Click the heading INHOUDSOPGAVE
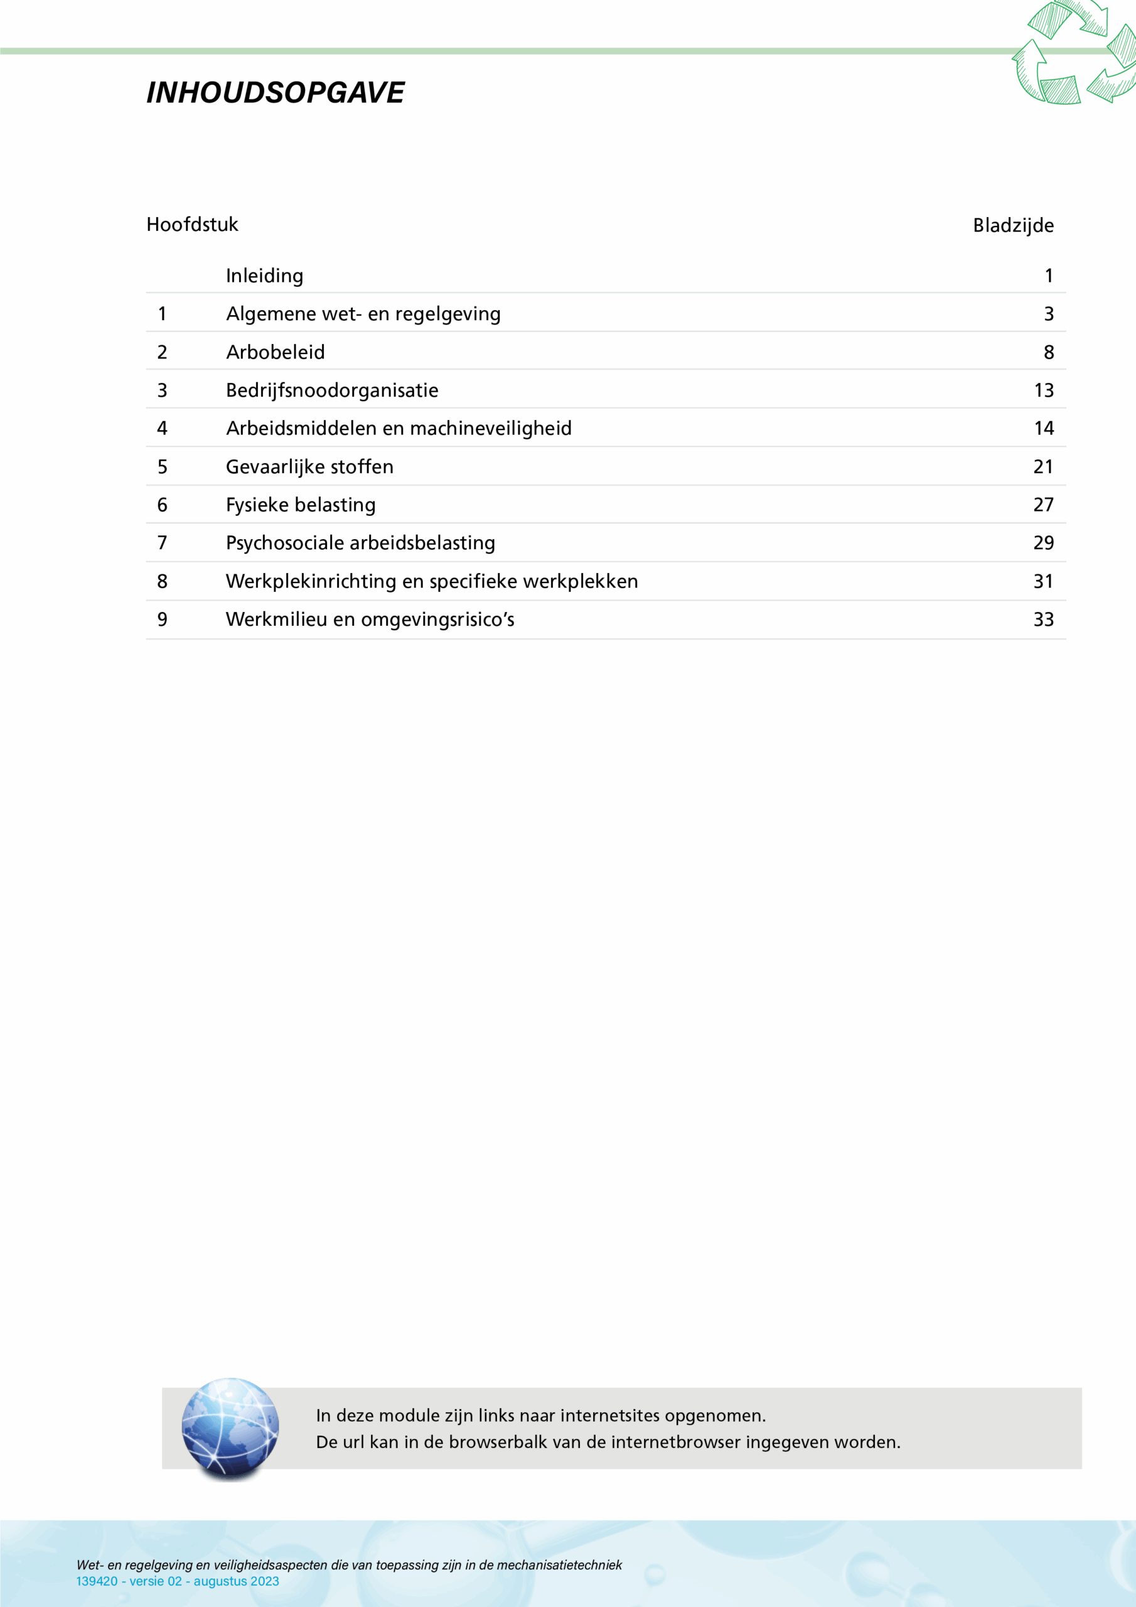[275, 92]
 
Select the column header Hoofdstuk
[193, 225]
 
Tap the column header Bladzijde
[1013, 225]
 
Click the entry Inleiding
[265, 276]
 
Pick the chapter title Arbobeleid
[275, 352]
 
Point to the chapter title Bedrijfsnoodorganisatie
[332, 390]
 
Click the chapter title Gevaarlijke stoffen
[309, 467]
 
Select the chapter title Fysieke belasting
[300, 505]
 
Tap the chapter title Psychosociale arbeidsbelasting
[360, 543]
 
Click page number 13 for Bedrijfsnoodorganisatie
[1043, 390]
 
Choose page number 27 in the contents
[1043, 505]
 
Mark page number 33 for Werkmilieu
[1043, 620]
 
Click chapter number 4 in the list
[163, 428]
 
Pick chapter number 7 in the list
[163, 543]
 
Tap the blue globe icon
[230, 1428]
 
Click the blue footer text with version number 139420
[177, 1581]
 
